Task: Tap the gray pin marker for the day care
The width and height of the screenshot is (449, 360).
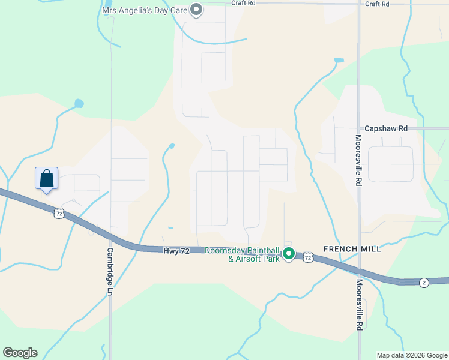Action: pos(196,9)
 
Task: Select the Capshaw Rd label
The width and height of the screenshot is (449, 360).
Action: pos(386,128)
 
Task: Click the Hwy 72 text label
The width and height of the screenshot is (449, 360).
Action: pos(176,251)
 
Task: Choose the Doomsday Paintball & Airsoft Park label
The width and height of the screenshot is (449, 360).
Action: pos(243,254)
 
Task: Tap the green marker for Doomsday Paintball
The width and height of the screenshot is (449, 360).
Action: pos(289,254)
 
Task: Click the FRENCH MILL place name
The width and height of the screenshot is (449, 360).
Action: pos(352,249)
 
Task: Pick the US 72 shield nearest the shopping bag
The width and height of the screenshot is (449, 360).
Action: pos(58,212)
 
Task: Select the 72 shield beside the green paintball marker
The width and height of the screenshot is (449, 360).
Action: pos(307,257)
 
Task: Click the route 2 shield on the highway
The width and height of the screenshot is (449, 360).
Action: pos(424,283)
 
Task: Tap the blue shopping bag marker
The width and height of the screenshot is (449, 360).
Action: pos(47,178)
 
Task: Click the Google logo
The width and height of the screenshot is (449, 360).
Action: pos(20,353)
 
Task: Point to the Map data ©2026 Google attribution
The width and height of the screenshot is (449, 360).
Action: pos(411,355)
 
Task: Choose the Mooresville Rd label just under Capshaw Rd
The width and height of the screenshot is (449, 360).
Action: pos(358,159)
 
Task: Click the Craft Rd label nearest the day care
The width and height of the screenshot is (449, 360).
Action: pos(243,3)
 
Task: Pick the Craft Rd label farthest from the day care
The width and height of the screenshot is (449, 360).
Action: pos(377,4)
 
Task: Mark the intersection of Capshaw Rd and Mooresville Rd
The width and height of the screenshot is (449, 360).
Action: pos(358,128)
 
